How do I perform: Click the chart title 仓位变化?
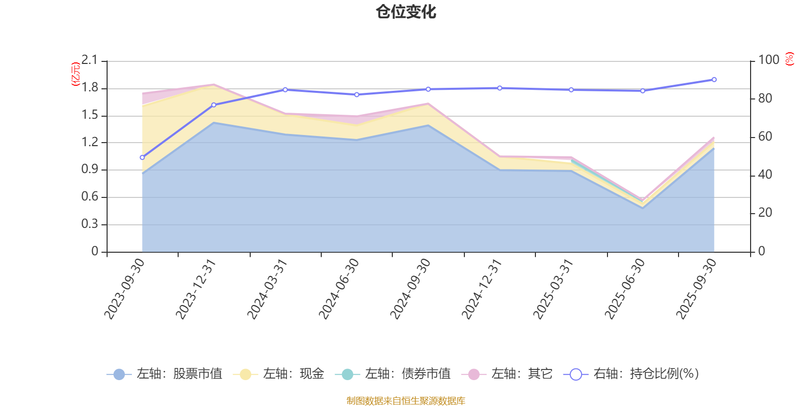(406, 12)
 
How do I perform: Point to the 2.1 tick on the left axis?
(89, 60)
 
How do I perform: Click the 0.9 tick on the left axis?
(89, 170)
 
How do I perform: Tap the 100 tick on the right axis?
(768, 60)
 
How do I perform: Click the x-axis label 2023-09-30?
(125, 288)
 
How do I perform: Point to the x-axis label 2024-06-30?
(339, 288)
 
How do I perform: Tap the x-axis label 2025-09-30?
(696, 288)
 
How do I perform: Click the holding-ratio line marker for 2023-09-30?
(142, 157)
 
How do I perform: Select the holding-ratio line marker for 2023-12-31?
(214, 105)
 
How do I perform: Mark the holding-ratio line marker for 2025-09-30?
(714, 80)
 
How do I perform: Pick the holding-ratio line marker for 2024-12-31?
(500, 88)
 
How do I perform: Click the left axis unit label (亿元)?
(76, 74)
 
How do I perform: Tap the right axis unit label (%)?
(789, 59)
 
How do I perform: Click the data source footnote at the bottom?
(405, 401)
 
